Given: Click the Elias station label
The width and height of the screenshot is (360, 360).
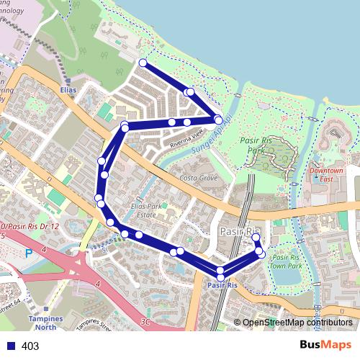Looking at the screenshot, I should coord(68,91).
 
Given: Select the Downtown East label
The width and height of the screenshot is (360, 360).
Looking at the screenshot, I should coord(326,175).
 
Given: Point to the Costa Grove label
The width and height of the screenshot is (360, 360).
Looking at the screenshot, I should coord(198,177).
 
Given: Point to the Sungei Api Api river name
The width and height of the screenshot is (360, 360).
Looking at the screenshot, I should coord(212,134).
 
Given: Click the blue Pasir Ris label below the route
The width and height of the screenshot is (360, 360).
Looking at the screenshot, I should coord(222,286).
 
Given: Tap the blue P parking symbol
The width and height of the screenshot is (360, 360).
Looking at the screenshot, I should coord(29,253).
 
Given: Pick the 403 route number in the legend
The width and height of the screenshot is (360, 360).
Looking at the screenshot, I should coord(30,346).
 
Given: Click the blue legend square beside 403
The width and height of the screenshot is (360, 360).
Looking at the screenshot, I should coord(11,346).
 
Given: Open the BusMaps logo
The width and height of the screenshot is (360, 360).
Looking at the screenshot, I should coord(325,346).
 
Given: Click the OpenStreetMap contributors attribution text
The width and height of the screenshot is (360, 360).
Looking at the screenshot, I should coord(297,323).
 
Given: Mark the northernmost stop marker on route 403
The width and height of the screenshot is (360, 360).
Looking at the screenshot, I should coord(143,63).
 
